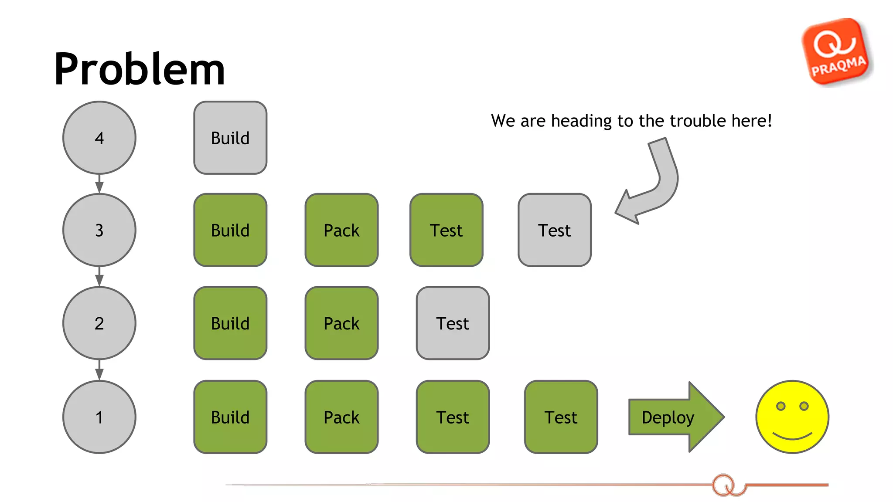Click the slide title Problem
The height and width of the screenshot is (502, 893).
[x=139, y=69]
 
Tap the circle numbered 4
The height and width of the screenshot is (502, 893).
[x=99, y=138]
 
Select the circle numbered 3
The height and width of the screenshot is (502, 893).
[x=99, y=230]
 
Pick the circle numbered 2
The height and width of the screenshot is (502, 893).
[x=99, y=323]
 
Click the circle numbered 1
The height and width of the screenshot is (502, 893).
[x=99, y=417]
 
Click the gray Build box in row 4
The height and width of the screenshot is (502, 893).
[x=230, y=138]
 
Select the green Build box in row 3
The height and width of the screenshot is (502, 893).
[x=230, y=230]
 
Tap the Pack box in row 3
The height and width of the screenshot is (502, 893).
[x=341, y=230]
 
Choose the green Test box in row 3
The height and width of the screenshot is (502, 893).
[x=446, y=230]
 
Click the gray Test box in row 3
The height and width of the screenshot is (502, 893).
[x=554, y=230]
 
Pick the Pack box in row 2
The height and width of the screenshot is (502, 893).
[x=341, y=323]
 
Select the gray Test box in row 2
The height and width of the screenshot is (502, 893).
[x=453, y=323]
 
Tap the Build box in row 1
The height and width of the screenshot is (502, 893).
[x=230, y=417]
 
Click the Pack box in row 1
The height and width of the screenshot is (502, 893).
[x=341, y=417]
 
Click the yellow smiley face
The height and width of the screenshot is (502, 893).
[x=792, y=417]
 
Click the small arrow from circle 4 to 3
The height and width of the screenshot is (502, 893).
[x=99, y=184]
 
